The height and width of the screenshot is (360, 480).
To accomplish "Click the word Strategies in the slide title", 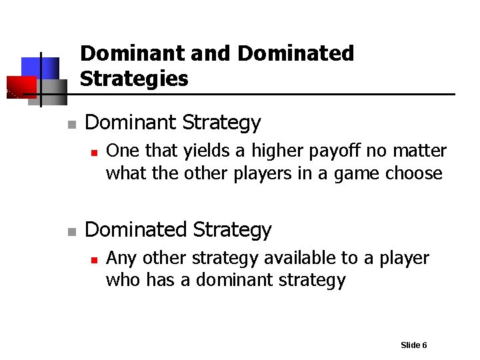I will (134, 79).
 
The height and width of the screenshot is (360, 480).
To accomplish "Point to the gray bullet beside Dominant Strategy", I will (71, 125).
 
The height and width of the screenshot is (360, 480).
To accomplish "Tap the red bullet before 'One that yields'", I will (94, 153).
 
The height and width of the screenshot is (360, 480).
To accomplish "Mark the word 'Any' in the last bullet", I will (122, 259).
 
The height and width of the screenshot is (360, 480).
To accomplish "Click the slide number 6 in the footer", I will (424, 345).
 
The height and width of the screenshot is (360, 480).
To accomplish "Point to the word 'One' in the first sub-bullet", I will (123, 151).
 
